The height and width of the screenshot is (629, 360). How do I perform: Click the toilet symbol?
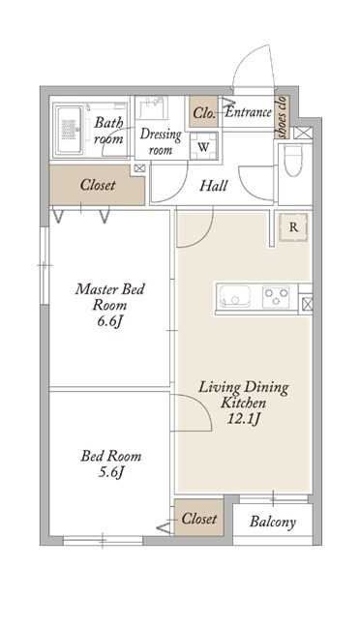[293, 160]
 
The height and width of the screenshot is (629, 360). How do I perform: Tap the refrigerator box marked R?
[293, 227]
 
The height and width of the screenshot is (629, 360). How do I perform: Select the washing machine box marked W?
[203, 146]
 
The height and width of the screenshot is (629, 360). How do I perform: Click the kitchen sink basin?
[234, 297]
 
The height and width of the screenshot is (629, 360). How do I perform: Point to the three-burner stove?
[276, 297]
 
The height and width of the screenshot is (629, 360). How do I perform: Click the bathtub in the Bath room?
[69, 130]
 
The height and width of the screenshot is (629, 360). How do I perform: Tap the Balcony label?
[273, 522]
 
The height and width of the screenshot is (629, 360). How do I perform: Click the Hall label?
[214, 186]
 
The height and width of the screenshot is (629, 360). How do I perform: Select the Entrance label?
[249, 112]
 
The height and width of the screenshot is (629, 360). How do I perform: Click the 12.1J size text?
[244, 419]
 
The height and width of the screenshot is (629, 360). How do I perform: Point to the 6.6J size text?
[109, 321]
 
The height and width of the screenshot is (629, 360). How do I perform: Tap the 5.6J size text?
[110, 472]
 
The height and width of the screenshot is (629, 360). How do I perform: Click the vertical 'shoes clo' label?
[283, 117]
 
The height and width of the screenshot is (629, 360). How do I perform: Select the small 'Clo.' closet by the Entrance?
[203, 112]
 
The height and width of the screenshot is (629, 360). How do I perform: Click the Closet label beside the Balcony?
[199, 519]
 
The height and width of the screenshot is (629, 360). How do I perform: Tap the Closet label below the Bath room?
[98, 185]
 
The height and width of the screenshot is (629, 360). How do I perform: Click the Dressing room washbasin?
[153, 108]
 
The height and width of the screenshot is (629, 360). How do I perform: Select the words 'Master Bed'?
[110, 288]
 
